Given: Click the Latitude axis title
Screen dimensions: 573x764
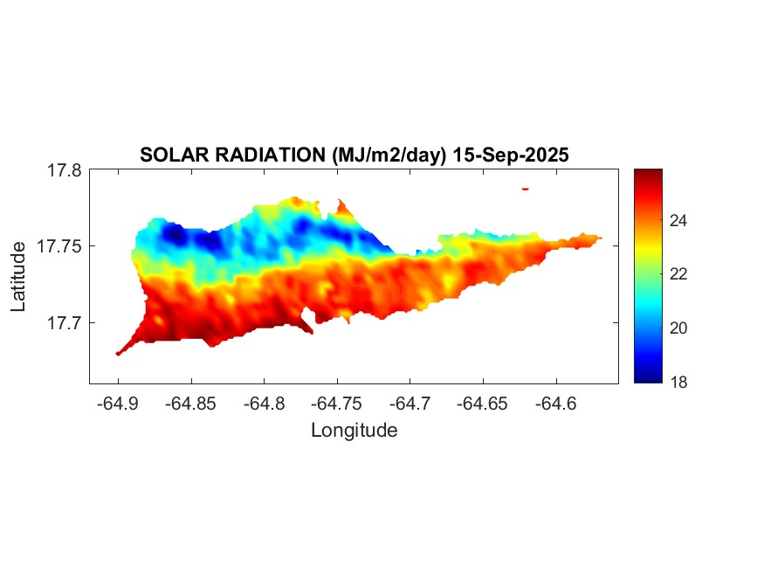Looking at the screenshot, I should pos(17,278).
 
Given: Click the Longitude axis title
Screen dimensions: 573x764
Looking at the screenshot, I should pos(354,430).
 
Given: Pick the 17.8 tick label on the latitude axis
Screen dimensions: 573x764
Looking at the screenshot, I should pos(64,171).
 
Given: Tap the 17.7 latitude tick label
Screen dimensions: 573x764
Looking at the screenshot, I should pos(64,323).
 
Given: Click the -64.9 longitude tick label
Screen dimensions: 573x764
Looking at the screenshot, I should pos(119,404).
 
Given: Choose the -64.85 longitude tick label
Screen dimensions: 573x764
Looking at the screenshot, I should pos(191,404).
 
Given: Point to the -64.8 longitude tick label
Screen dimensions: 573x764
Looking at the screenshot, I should pos(265,404).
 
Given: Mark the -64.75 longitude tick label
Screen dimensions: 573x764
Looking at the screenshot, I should pos(338,404).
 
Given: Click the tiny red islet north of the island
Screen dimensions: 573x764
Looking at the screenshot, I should pos(526,188).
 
